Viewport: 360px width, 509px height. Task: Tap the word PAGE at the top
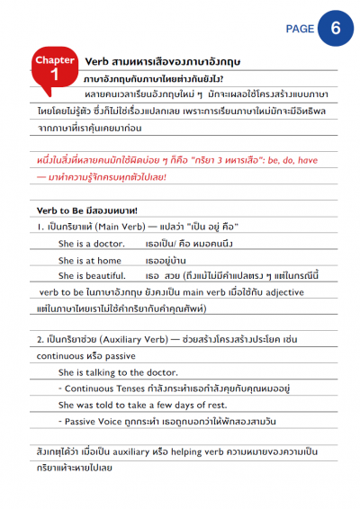pos(300,29)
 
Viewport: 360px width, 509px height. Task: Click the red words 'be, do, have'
pos(288,159)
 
